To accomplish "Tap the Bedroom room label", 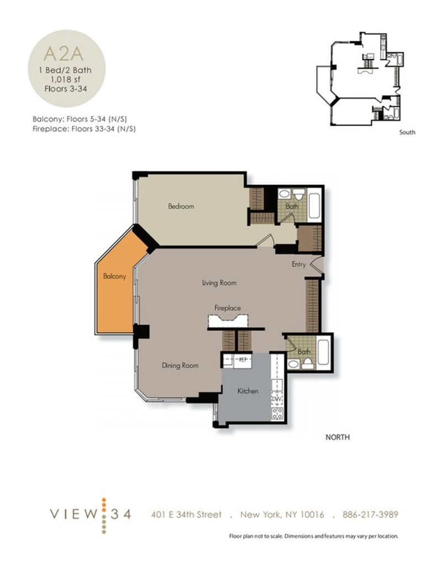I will click(181, 206).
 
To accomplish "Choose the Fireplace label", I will click(228, 308).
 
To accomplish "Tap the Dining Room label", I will click(180, 365).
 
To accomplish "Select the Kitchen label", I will click(248, 391).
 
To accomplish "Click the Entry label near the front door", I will click(298, 264).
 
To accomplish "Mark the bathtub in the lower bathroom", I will click(323, 352).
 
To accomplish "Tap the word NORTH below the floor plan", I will click(336, 437).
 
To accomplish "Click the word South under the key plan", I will click(407, 132).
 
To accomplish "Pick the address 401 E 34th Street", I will click(186, 514).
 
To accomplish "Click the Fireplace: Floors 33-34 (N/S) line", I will click(85, 128).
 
